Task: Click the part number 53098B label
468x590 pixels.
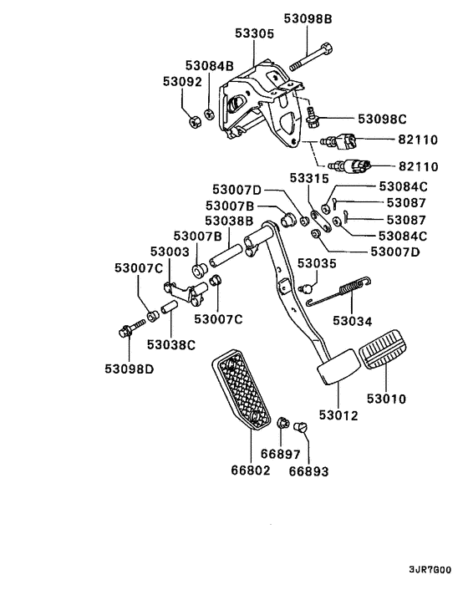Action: (307, 18)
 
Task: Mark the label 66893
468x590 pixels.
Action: (309, 471)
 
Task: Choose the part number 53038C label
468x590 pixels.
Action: (170, 343)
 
